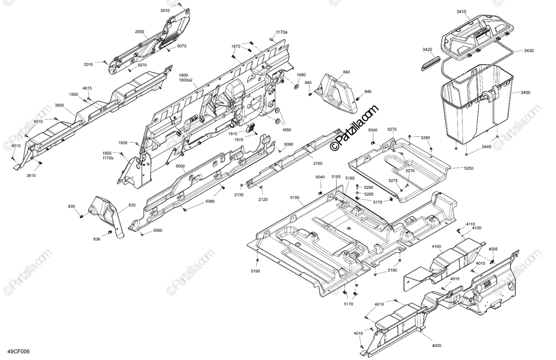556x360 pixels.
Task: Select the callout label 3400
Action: click(x=525, y=93)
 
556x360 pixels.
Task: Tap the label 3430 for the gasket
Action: click(x=528, y=51)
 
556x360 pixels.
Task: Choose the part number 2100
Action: click(x=317, y=164)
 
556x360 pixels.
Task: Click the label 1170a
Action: click(x=281, y=32)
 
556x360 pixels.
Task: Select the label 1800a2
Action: click(x=186, y=80)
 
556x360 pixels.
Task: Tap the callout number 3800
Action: click(x=59, y=106)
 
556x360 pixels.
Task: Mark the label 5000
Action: click(x=180, y=166)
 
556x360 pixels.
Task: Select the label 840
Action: click(x=347, y=73)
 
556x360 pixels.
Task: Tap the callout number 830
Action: click(x=119, y=205)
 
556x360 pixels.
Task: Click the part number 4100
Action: click(x=436, y=246)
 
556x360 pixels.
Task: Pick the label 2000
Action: click(x=139, y=32)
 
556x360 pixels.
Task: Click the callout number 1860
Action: click(x=301, y=75)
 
